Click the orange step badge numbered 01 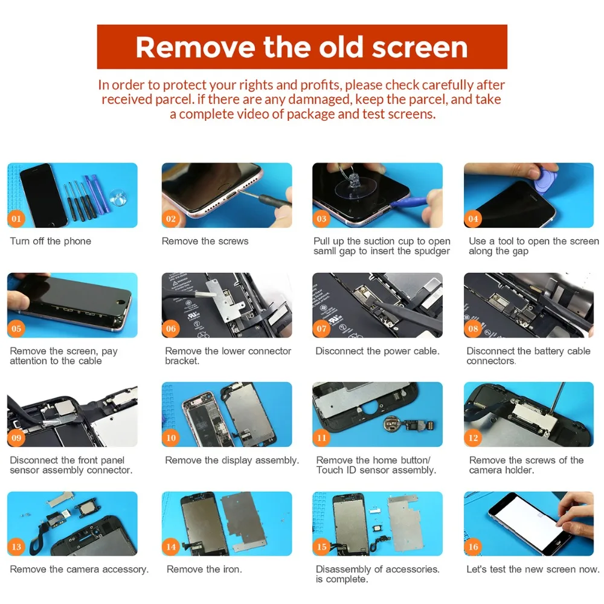coord(16,219)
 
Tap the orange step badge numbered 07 coord(322,329)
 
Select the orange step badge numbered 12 coord(473,438)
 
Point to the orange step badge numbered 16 coord(473,547)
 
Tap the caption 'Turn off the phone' coord(51,242)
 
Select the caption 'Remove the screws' coord(205,242)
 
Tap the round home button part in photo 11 coord(394,425)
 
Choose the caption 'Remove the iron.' coord(204,570)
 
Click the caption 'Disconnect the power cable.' coord(377,352)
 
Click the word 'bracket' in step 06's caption coord(182,361)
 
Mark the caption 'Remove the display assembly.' coord(232,461)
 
